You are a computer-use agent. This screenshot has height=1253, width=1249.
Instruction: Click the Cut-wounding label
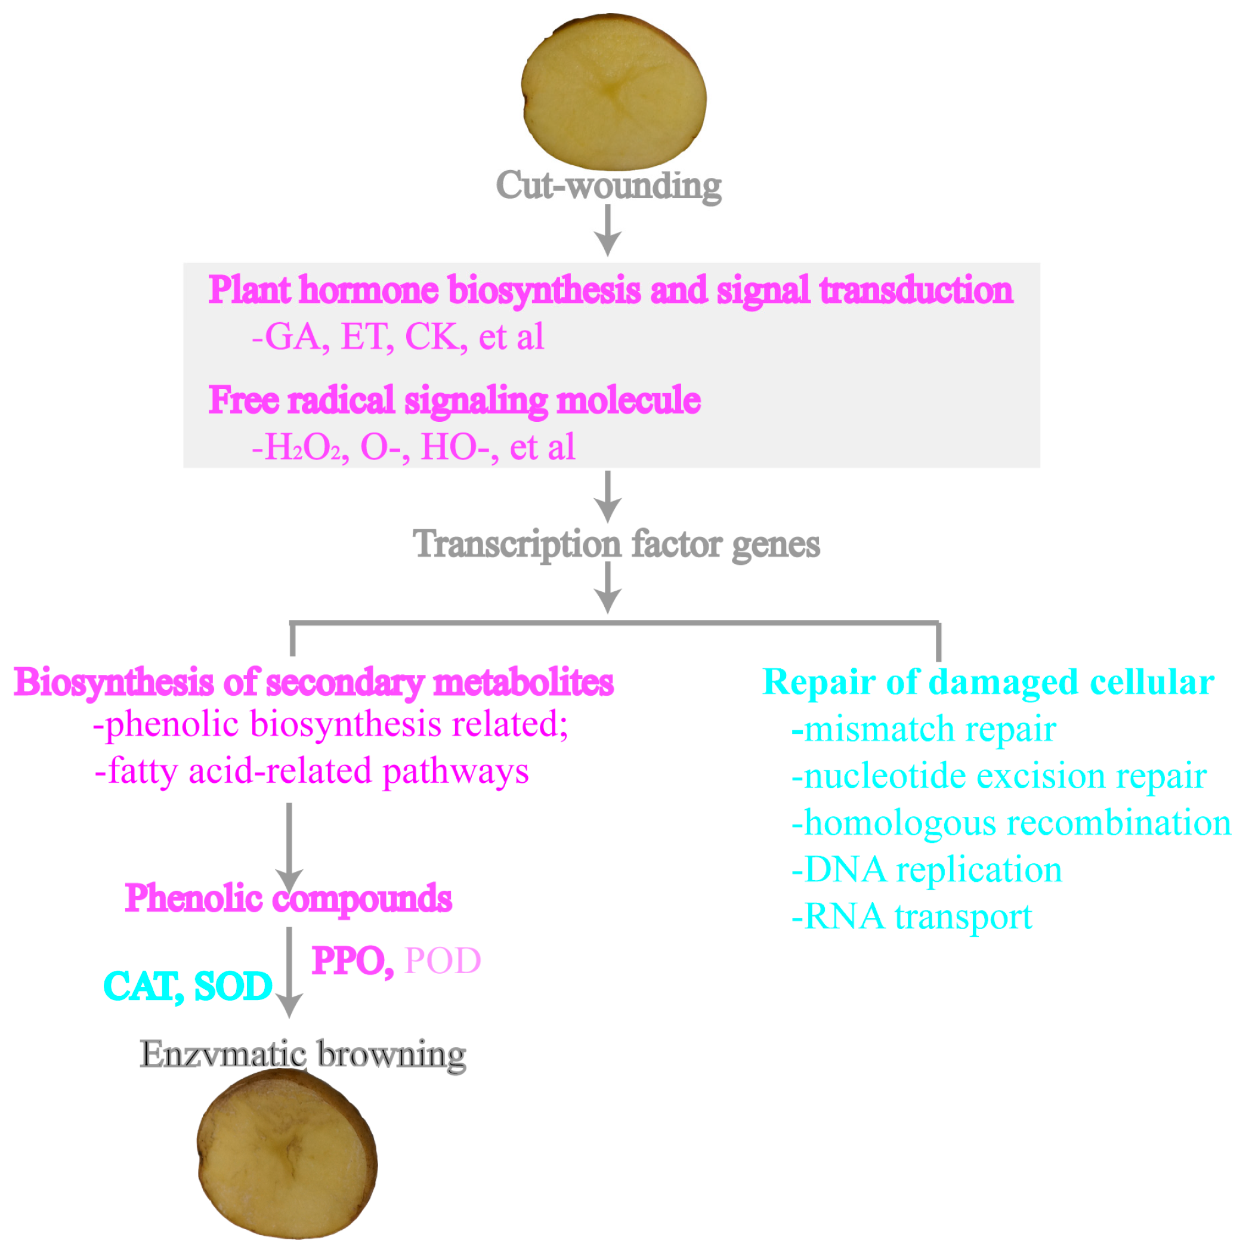608,186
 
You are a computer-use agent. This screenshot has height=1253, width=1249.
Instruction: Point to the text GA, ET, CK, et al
398,337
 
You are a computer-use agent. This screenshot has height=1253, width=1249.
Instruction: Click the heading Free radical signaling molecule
454,400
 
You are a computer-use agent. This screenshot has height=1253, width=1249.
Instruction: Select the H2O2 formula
302,447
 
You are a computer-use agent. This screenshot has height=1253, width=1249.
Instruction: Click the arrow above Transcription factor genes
608,497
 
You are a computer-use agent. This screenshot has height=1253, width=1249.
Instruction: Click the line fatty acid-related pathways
312,771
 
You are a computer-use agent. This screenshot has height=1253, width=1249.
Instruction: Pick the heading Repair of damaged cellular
988,682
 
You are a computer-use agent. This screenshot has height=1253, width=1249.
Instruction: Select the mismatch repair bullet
923,730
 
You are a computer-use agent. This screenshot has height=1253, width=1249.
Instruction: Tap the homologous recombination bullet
1010,823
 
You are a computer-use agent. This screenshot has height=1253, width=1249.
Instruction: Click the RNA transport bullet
911,917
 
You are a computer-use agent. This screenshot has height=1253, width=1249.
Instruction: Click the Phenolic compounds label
289,899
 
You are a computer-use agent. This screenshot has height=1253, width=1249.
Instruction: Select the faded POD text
442,961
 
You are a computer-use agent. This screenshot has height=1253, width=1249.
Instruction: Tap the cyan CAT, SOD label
188,986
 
